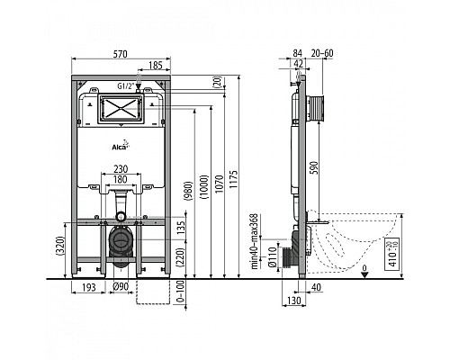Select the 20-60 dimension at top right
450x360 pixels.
tap(326, 53)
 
